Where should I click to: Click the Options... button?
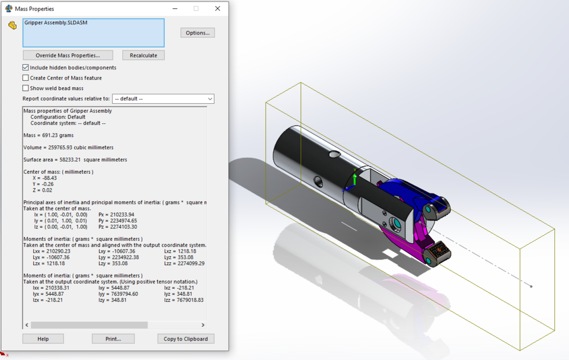197,33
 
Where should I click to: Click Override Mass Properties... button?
67,55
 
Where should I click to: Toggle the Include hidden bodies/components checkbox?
25,68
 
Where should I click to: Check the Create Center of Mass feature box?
25,78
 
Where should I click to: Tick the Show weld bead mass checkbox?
25,88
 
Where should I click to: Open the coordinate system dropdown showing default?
163,98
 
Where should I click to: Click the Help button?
43,339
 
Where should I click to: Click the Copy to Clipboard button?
186,339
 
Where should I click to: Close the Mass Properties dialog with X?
218,8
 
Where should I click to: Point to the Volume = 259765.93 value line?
68,147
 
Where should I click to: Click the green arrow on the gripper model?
354,176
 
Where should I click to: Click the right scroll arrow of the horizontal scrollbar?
203,325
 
